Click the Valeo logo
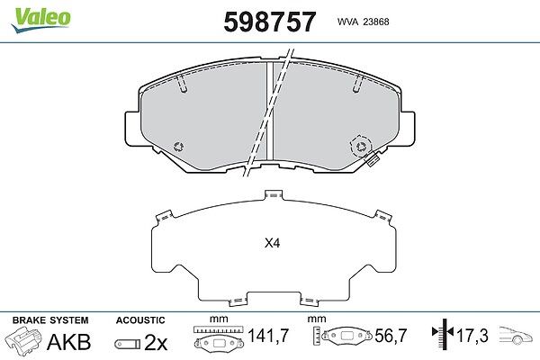(40, 20)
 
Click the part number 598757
(270, 22)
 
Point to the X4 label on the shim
(272, 244)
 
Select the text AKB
(69, 342)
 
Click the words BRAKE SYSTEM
(50, 320)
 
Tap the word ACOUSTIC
(140, 320)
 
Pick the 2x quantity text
(156, 342)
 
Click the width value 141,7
(268, 335)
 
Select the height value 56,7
(391, 335)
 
